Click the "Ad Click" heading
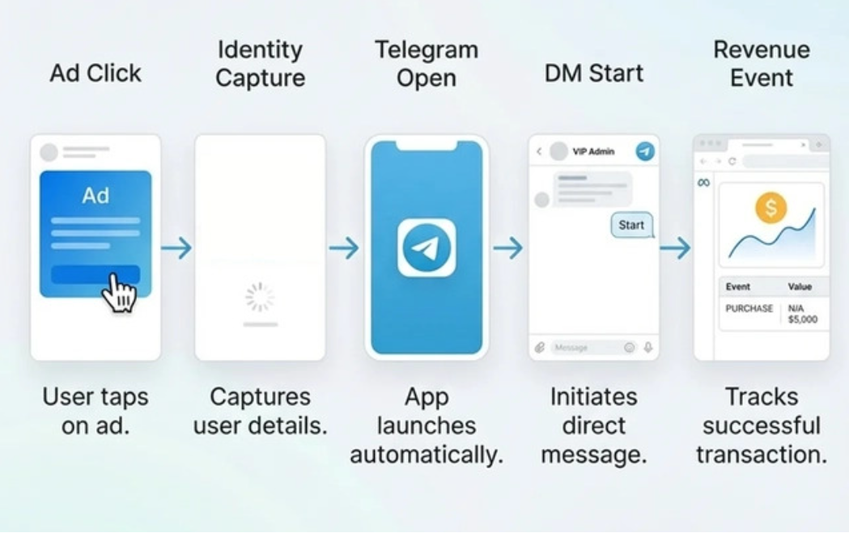click(x=96, y=73)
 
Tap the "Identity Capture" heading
click(x=260, y=63)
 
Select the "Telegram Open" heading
click(x=427, y=63)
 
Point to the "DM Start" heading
click(x=594, y=73)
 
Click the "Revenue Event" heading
click(x=762, y=63)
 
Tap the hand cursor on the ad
click(x=119, y=293)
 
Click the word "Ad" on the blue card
click(x=96, y=196)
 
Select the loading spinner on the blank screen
click(x=260, y=297)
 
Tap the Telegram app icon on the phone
click(x=427, y=247)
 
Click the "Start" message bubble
click(x=631, y=225)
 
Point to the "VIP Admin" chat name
click(x=593, y=151)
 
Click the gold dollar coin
click(x=771, y=208)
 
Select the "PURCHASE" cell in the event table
click(x=749, y=308)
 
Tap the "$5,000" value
click(x=803, y=319)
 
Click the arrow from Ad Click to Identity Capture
click(x=176, y=247)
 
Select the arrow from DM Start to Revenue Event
click(x=675, y=247)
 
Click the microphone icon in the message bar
click(x=648, y=348)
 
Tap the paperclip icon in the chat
click(x=539, y=348)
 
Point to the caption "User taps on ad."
click(x=96, y=411)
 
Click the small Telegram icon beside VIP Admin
click(x=644, y=151)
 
